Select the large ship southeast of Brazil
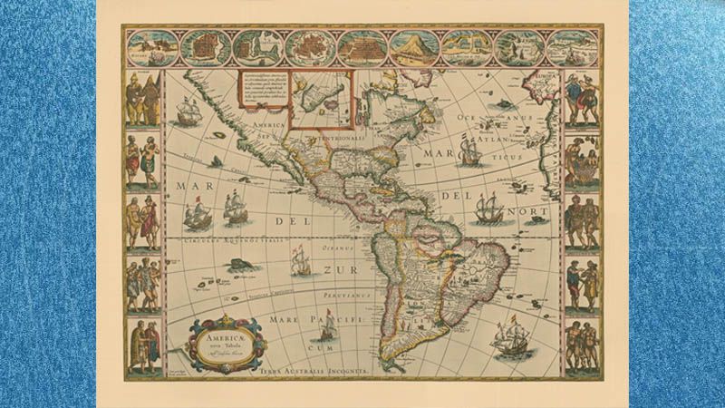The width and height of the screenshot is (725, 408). pos(511,341)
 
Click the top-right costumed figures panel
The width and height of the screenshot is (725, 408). pos(581,99)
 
